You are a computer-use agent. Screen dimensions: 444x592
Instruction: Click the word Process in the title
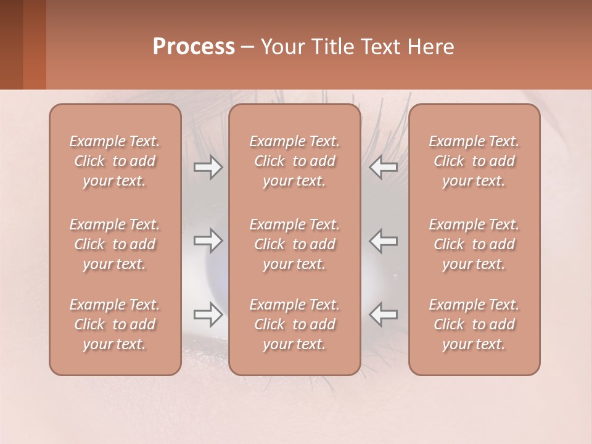(x=194, y=47)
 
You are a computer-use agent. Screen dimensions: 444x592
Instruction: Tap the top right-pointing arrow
(x=208, y=167)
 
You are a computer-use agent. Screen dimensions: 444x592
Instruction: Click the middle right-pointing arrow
(x=208, y=240)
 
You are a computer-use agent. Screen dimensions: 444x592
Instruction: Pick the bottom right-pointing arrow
(x=208, y=314)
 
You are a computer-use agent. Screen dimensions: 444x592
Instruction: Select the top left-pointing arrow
(x=384, y=167)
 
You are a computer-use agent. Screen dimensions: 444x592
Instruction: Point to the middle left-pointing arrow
(x=384, y=240)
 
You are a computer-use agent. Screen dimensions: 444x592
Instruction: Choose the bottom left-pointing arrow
(x=384, y=314)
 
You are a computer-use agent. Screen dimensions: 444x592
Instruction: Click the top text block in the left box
(x=115, y=161)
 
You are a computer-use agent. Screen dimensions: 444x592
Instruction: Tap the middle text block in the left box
(x=115, y=244)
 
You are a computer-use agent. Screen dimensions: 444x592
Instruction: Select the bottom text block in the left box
(x=115, y=324)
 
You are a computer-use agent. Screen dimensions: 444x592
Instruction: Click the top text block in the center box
(x=294, y=161)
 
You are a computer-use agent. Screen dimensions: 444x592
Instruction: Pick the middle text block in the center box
(x=294, y=244)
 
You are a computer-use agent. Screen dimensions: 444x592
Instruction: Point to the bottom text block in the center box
(x=294, y=324)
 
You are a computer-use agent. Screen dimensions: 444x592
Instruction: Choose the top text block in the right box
(x=474, y=161)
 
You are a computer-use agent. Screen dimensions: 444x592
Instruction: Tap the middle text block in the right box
(x=474, y=244)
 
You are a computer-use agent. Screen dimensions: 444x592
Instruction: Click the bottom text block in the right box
(x=474, y=324)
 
